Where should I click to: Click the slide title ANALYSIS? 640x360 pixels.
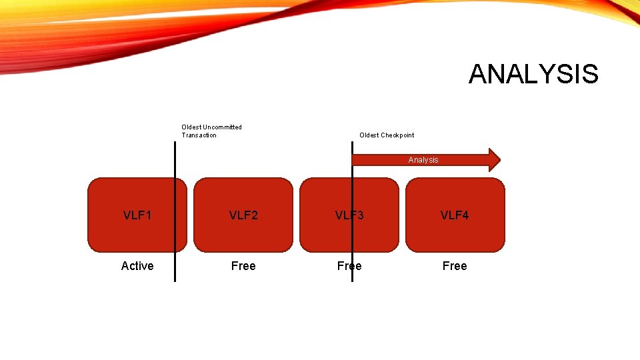[533, 74]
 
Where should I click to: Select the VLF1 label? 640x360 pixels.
[137, 215]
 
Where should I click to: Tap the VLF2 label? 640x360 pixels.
[243, 215]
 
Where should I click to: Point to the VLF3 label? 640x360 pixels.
[349, 215]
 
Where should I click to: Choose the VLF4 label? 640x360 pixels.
[455, 215]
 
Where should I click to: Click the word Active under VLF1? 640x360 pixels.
[137, 266]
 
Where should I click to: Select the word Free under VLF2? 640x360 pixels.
[243, 266]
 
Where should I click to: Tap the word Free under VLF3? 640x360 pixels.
[349, 266]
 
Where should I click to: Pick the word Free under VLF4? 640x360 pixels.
[455, 266]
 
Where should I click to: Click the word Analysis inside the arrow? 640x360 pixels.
[423, 160]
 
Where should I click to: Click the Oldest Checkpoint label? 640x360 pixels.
[387, 135]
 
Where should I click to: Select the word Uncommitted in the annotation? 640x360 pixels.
[223, 127]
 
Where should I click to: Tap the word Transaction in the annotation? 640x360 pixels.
[199, 135]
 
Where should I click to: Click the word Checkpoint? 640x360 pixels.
[397, 135]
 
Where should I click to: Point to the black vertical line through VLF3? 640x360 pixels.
[352, 240]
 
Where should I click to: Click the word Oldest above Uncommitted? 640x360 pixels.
[191, 127]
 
